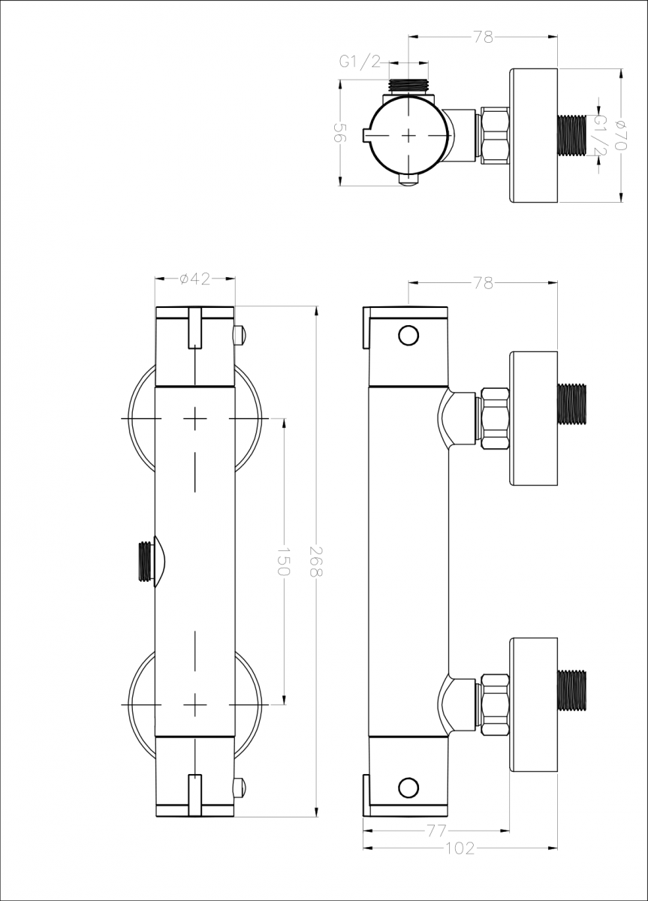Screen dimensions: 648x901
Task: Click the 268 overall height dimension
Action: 316,561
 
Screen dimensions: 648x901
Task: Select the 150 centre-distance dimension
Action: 283,561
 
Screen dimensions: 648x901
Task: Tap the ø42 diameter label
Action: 195,279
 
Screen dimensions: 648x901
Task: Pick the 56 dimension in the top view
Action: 340,132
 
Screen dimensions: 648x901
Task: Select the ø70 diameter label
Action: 621,134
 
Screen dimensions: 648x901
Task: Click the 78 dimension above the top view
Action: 483,37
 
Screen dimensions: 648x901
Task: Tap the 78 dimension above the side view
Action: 483,283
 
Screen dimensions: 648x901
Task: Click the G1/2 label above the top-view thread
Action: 360,62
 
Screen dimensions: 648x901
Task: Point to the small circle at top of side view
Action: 408,335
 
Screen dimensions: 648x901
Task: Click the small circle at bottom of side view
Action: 408,788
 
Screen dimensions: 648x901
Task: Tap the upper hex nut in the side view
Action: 495,418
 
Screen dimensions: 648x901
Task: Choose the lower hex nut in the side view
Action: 495,705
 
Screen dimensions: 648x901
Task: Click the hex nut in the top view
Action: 495,135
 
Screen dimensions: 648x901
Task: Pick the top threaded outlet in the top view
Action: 408,86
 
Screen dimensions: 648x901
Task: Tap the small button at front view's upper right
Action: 240,335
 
